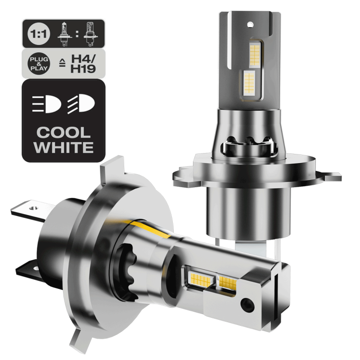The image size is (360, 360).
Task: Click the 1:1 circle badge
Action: coord(39,34)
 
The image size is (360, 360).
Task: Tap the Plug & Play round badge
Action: coord(39,63)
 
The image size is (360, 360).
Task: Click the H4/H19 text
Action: coord(83,64)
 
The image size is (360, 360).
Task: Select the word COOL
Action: coord(63,133)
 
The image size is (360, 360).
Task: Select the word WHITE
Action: coord(63,147)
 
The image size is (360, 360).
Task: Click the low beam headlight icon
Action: coord(81,104)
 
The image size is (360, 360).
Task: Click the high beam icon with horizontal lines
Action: coord(47,104)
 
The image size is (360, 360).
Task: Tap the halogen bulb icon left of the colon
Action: coord(64,34)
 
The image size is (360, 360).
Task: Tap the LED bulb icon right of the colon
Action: coord(91,34)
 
